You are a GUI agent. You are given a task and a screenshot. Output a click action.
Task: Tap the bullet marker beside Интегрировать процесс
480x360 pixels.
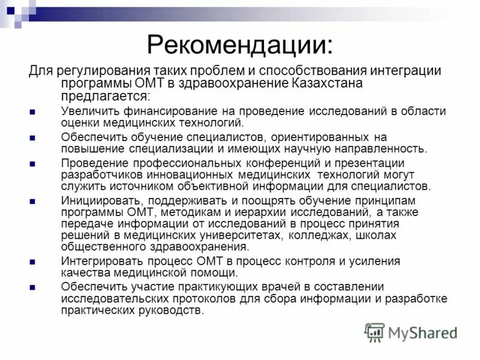[x=32, y=262]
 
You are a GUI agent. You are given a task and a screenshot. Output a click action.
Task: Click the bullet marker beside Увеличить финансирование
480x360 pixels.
[x=32, y=112]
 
